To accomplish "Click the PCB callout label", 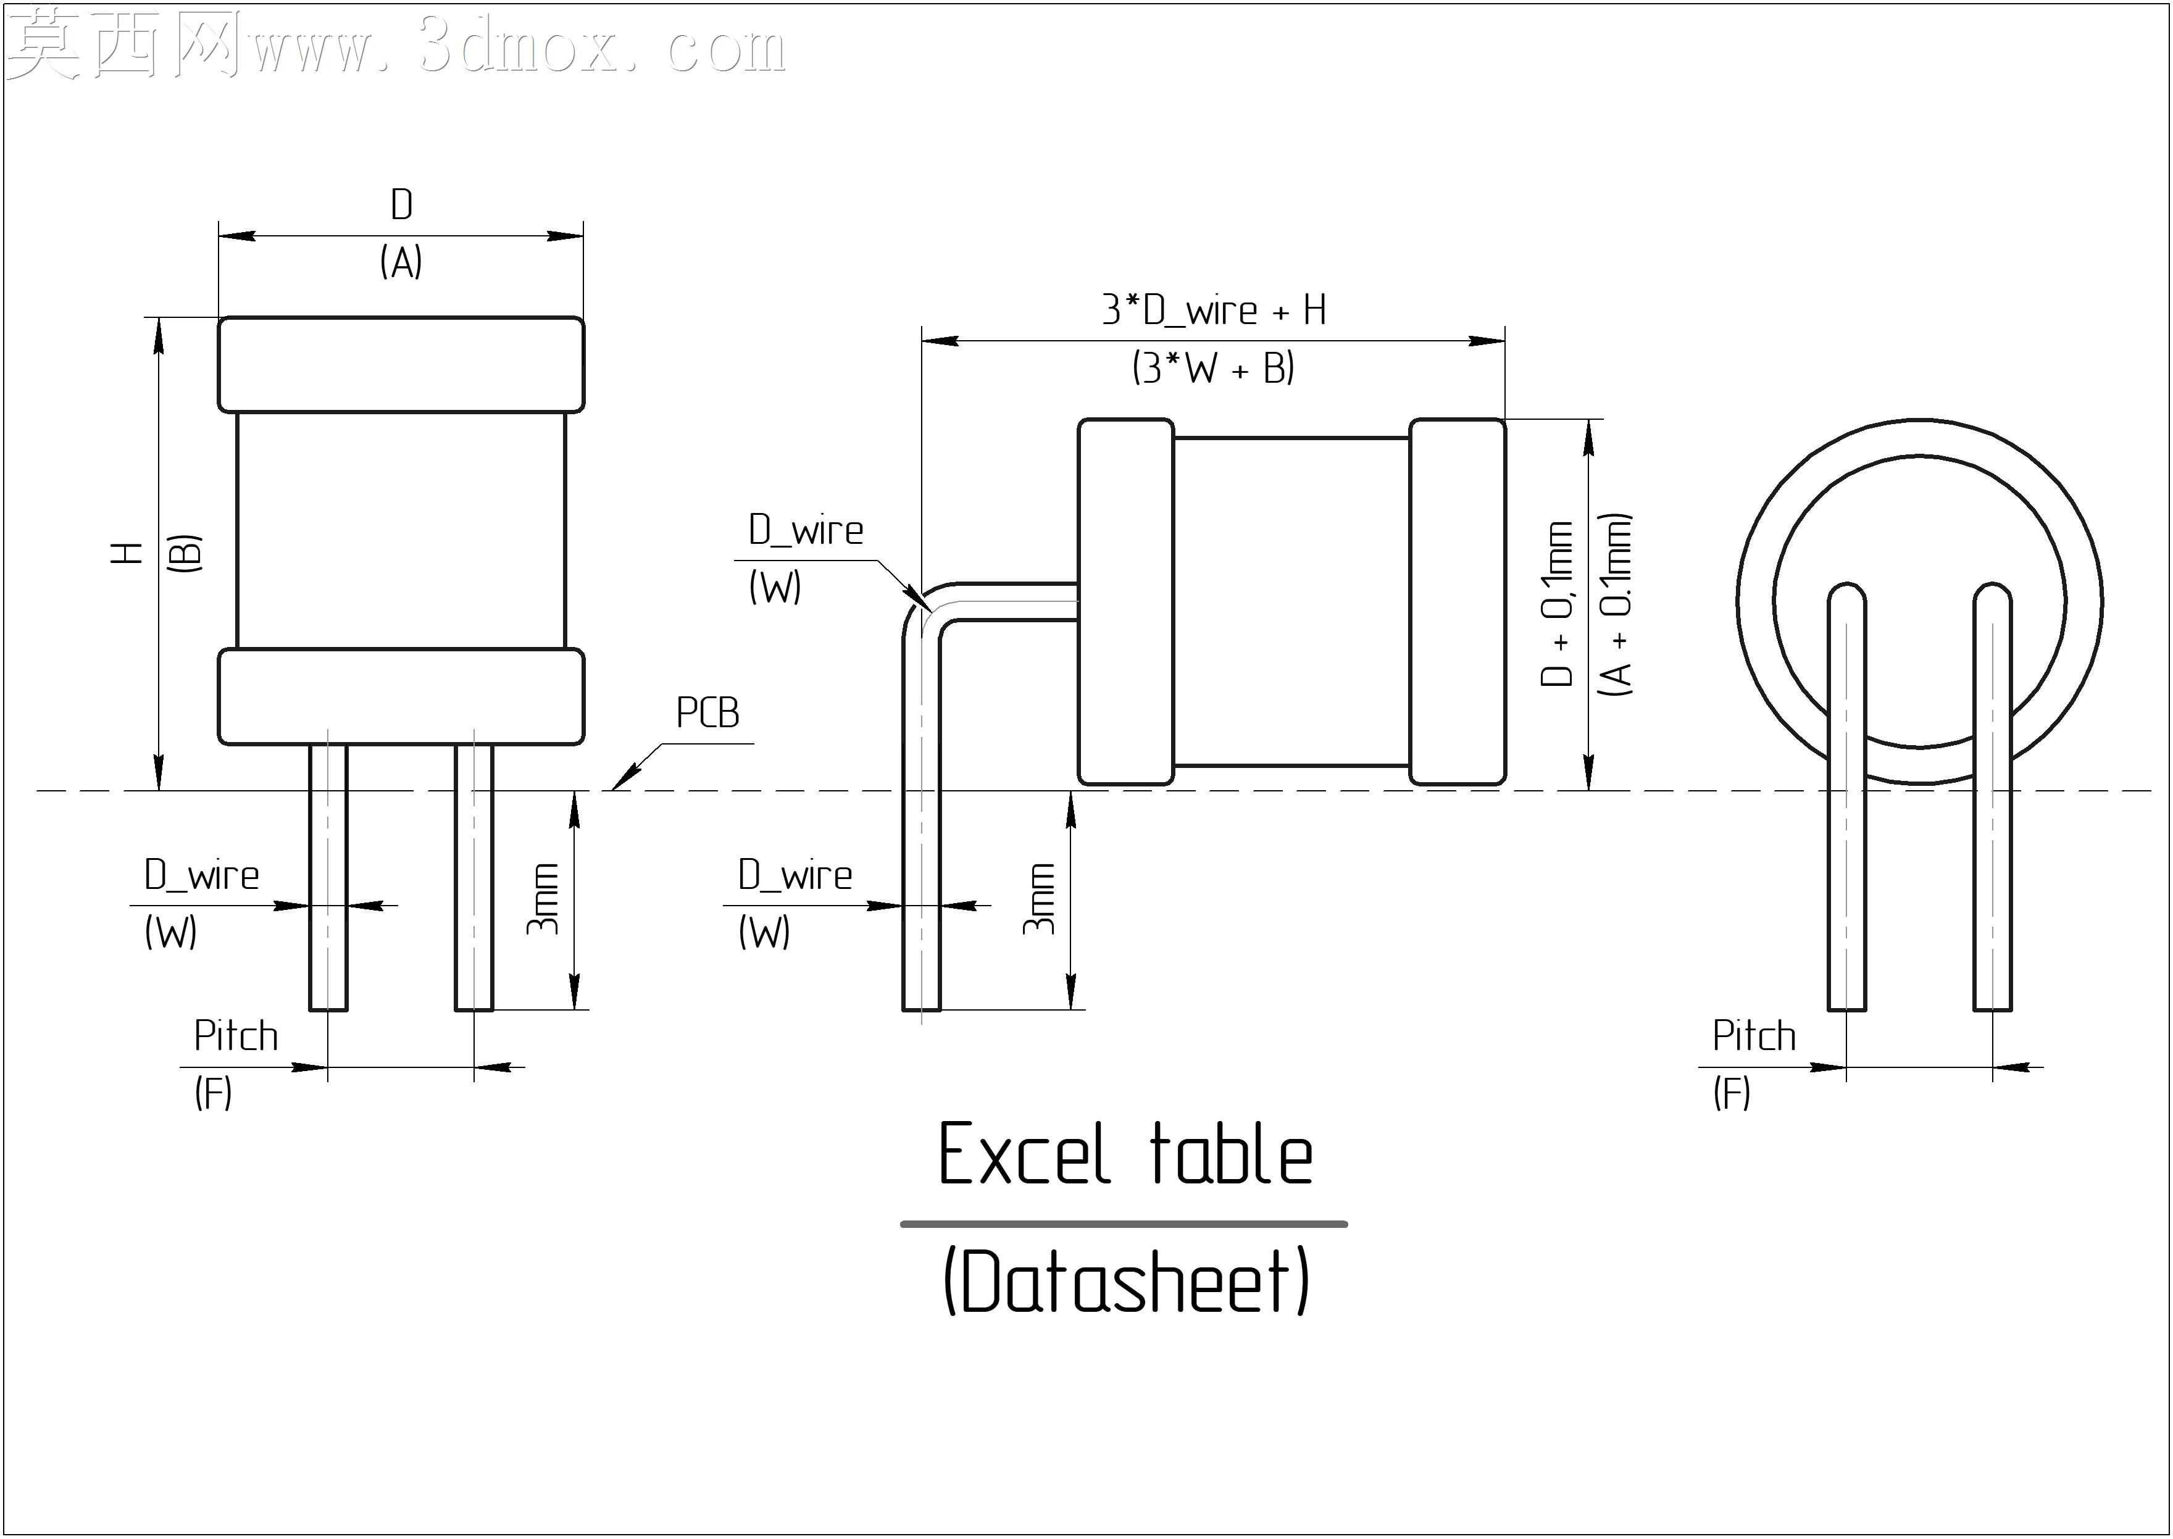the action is [707, 712].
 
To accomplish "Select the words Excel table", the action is [1125, 1155].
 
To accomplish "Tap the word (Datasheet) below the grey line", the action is [1126, 1281].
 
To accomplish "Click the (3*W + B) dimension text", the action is [1214, 368].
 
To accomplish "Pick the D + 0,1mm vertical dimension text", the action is [1557, 604].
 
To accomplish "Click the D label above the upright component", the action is [402, 205].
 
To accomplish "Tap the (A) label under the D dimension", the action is [402, 262].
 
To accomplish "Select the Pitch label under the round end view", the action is [1754, 1036].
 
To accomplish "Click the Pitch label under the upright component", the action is [236, 1036].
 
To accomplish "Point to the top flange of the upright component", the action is [402, 365].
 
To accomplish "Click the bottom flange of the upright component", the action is [402, 696].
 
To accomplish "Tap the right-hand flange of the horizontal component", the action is [1458, 602].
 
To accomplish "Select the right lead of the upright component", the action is [474, 878].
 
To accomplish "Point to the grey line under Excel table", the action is [1124, 1224].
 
